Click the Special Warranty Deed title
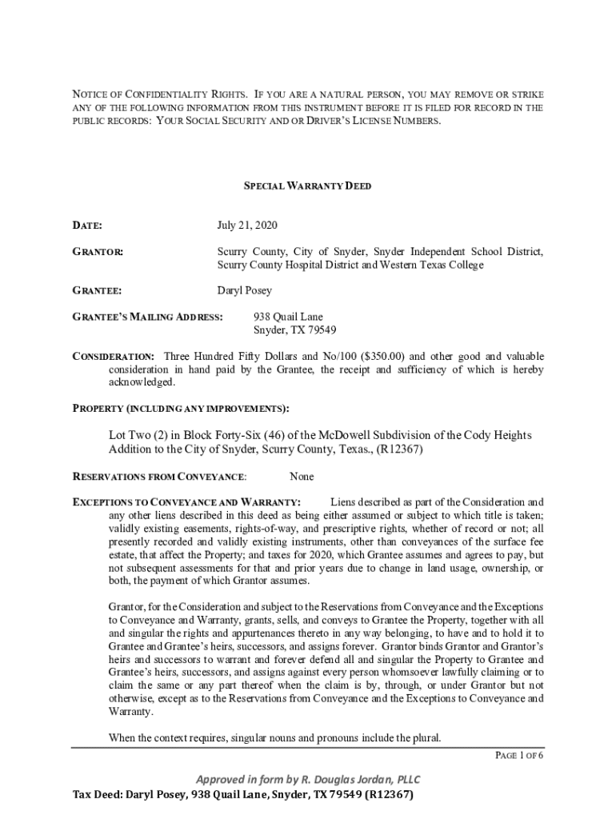tap(307, 186)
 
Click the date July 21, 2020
tap(247, 226)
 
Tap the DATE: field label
tap(87, 226)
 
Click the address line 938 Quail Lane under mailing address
tap(288, 318)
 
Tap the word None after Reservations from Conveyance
tap(302, 477)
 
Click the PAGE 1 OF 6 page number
tap(520, 755)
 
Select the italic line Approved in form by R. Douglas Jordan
tap(308, 780)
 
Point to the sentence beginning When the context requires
tap(274, 737)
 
